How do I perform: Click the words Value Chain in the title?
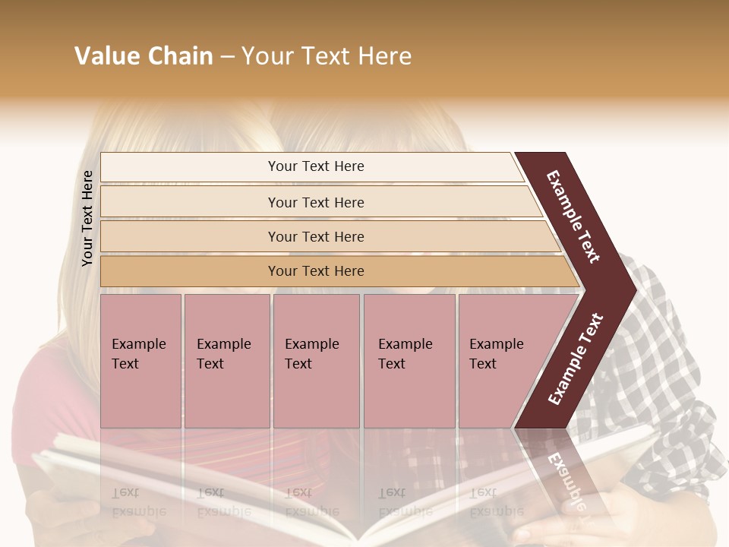pyautogui.click(x=144, y=56)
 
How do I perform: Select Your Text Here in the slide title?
pyautogui.click(x=327, y=56)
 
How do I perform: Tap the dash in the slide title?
pyautogui.click(x=227, y=57)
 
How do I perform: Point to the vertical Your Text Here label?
pyautogui.click(x=87, y=218)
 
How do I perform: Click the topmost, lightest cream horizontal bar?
pyautogui.click(x=315, y=166)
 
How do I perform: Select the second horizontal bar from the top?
pyautogui.click(x=315, y=202)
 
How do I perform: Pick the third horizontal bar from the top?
pyautogui.click(x=315, y=236)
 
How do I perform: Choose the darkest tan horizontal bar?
pyautogui.click(x=315, y=271)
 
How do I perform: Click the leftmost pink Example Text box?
pyautogui.click(x=140, y=361)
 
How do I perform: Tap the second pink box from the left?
pyautogui.click(x=226, y=361)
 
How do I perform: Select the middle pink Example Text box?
pyautogui.click(x=316, y=361)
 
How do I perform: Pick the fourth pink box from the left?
pyautogui.click(x=409, y=361)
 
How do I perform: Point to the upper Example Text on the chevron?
pyautogui.click(x=573, y=217)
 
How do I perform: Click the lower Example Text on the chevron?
pyautogui.click(x=576, y=359)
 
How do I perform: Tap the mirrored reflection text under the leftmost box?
pyautogui.click(x=138, y=502)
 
